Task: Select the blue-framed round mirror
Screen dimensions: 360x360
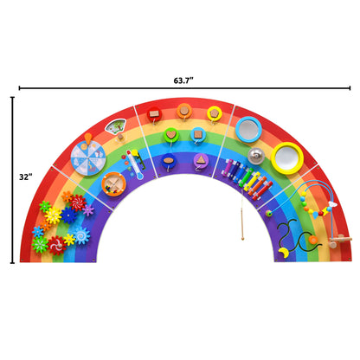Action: pyautogui.click(x=248, y=128)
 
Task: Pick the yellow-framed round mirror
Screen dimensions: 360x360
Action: pyautogui.click(x=286, y=156)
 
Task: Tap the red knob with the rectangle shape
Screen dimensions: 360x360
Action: pyautogui.click(x=155, y=113)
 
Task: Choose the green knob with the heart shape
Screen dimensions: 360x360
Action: pyautogui.click(x=171, y=135)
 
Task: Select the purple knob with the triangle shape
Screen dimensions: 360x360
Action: pyautogui.click(x=201, y=159)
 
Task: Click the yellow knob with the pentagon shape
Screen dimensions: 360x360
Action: pyautogui.click(x=214, y=112)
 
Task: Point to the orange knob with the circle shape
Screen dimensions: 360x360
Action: pyautogui.click(x=184, y=110)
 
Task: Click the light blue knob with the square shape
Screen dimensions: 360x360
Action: pyautogui.click(x=198, y=134)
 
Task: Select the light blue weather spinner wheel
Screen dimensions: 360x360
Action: pyautogui.click(x=87, y=158)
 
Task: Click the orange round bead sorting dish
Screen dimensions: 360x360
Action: pyautogui.click(x=112, y=183)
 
